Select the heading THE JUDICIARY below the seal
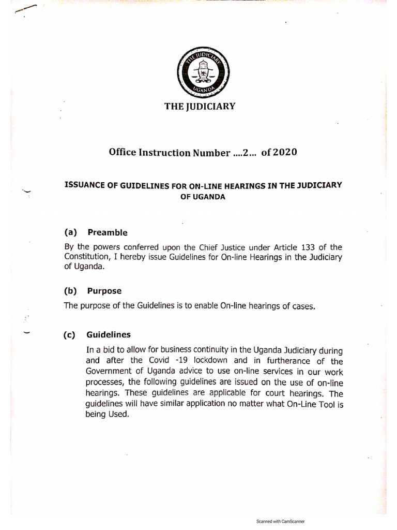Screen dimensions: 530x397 point(200,107)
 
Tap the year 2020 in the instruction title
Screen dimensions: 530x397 point(283,153)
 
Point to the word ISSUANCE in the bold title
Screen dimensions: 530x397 point(83,186)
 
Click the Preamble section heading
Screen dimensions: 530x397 point(108,232)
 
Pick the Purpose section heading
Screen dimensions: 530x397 point(104,291)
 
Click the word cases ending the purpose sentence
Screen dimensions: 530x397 point(300,306)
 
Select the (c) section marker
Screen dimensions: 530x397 point(70,335)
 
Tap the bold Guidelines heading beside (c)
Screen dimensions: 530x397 point(109,335)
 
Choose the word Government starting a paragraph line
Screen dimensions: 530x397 point(110,373)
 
